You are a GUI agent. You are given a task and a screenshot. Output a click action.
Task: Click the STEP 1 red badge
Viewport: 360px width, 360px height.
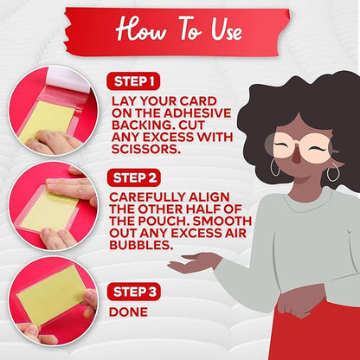[x=133, y=81]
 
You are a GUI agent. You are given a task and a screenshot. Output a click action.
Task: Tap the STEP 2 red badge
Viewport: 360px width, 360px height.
[x=134, y=178]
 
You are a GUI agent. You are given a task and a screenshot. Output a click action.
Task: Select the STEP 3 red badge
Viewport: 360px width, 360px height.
[x=134, y=292]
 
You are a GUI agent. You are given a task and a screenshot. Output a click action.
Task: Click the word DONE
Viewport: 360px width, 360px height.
[x=128, y=312]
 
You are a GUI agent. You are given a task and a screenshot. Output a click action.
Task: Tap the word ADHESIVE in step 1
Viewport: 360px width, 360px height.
[x=197, y=113]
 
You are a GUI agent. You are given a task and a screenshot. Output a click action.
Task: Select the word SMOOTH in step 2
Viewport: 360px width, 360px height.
[x=222, y=221]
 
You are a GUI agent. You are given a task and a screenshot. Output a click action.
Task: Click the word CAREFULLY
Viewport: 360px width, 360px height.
[x=147, y=197]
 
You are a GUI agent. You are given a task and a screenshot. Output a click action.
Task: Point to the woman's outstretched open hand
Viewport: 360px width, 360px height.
[x=193, y=262]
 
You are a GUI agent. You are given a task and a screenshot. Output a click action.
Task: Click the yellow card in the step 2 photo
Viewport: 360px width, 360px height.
[x=50, y=210]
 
